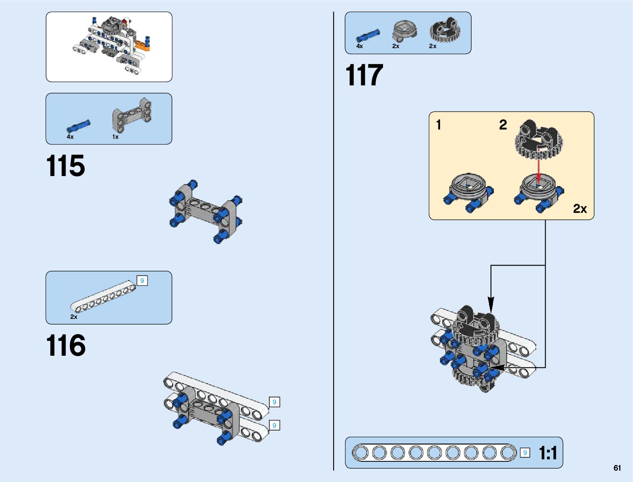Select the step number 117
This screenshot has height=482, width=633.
pos(364,75)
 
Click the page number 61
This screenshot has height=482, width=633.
pos(617,468)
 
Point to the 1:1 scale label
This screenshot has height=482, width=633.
pos(548,453)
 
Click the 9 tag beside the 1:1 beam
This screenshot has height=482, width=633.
pos(525,453)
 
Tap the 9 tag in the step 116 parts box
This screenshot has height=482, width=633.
pos(142,280)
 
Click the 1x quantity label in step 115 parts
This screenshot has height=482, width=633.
pos(115,137)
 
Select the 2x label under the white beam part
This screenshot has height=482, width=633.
pos(74,317)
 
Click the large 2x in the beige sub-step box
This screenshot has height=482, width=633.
pos(580,208)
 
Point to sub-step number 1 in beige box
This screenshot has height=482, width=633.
pos(438,125)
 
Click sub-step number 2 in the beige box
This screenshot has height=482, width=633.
pos(503,125)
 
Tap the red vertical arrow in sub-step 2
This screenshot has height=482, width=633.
pos(538,166)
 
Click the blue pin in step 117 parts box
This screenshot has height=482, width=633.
pos(368,36)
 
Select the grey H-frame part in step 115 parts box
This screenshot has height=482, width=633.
pos(132,115)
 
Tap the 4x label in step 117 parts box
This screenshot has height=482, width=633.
pos(359,46)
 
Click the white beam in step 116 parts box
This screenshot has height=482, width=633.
pos(103,297)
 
